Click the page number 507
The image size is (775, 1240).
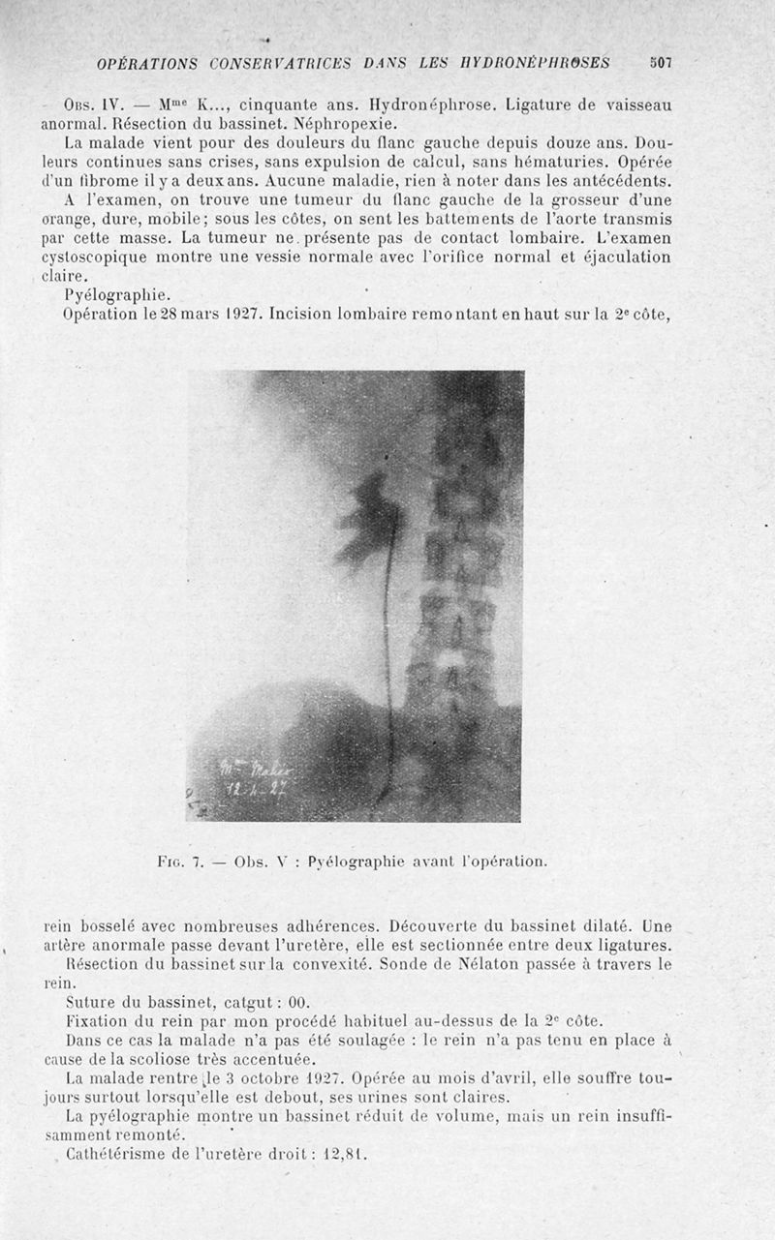click(661, 63)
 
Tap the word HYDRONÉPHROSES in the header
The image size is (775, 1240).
click(542, 64)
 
